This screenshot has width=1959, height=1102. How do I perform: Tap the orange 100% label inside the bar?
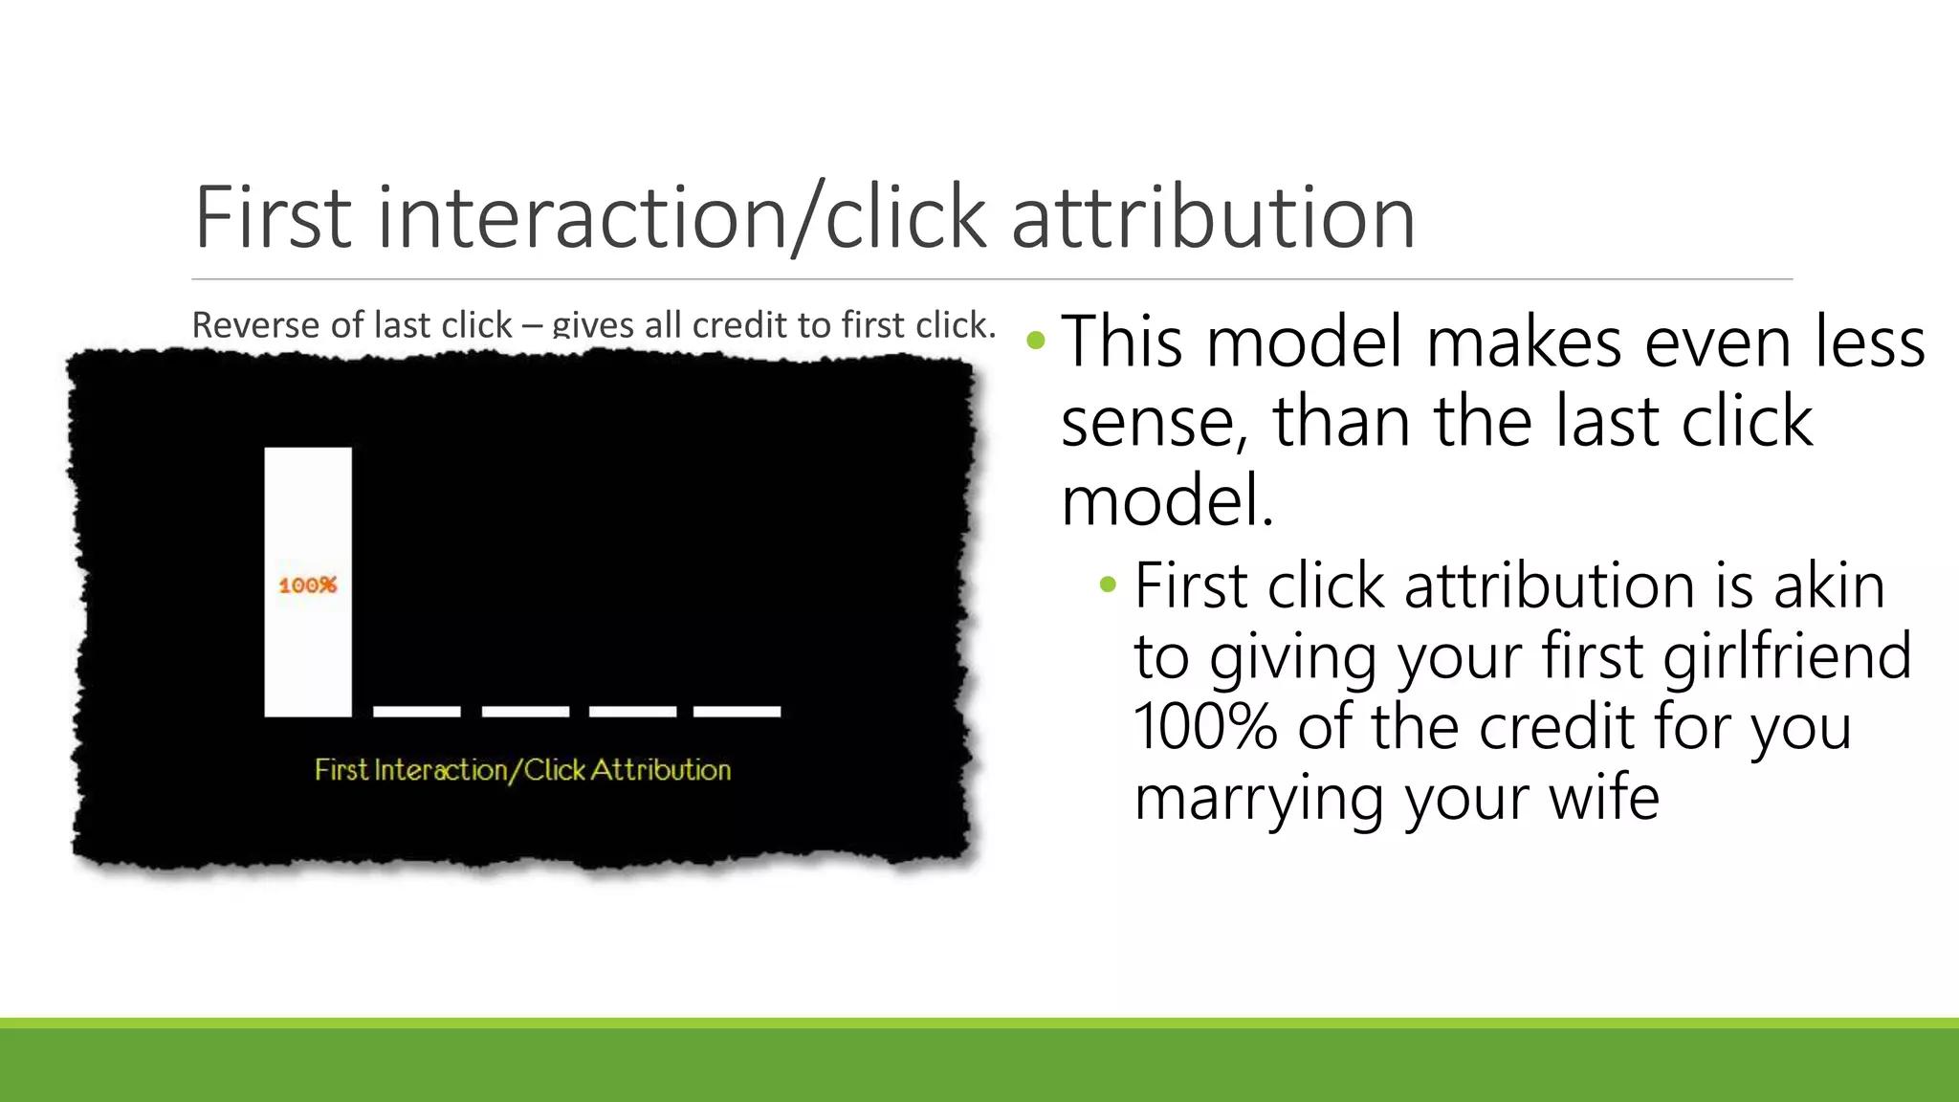tap(308, 584)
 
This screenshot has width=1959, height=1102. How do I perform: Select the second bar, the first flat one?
tap(417, 711)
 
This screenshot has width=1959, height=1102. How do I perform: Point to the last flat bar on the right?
tap(737, 711)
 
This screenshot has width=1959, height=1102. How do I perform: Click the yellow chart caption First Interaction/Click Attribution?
tap(522, 770)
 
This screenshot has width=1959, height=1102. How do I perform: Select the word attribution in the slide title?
tap(1213, 218)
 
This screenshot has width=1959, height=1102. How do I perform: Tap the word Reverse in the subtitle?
tap(256, 325)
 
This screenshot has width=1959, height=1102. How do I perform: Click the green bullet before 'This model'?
tap(1036, 341)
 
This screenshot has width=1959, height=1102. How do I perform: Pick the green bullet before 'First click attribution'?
tap(1108, 584)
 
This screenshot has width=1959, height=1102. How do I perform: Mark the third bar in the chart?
tap(525, 711)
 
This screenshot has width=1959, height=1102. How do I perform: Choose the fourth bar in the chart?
tap(633, 711)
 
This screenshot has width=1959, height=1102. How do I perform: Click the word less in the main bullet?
tap(1870, 342)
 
